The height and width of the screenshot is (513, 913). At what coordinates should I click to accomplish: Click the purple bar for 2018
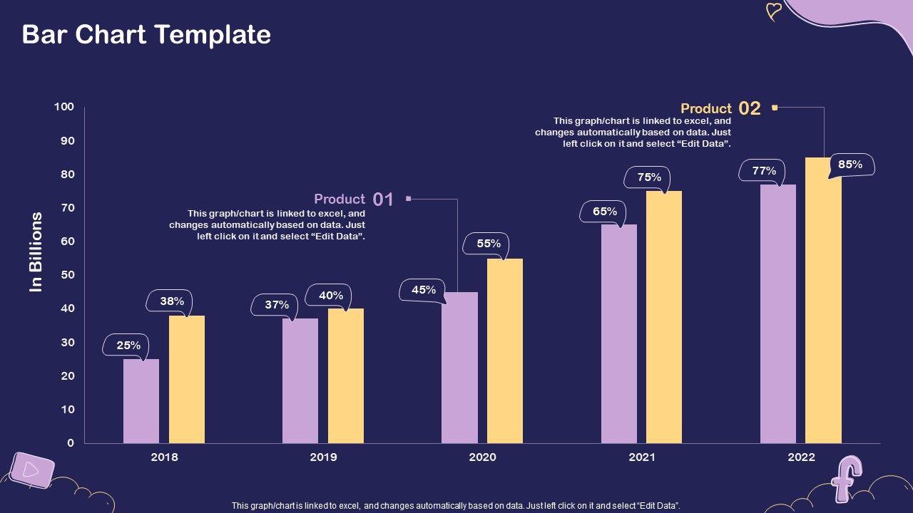(141, 401)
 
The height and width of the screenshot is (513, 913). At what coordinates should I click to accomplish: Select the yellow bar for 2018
(187, 379)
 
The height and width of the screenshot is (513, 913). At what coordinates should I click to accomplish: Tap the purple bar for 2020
(459, 368)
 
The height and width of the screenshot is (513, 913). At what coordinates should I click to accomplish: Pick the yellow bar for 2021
(664, 317)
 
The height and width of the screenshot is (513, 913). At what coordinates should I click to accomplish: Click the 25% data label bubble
(128, 346)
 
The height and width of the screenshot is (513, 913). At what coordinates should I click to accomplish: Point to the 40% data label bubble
(330, 295)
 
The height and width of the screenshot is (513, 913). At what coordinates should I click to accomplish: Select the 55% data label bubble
(488, 244)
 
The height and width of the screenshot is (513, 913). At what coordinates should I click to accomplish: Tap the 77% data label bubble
(763, 171)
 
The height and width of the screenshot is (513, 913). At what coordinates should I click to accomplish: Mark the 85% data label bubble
(850, 165)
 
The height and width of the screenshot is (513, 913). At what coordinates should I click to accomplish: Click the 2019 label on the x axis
(323, 457)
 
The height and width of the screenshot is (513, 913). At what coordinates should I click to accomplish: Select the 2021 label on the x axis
(642, 457)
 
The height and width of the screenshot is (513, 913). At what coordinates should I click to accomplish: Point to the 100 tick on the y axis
(64, 107)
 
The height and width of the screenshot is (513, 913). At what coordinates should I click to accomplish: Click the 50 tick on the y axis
(66, 275)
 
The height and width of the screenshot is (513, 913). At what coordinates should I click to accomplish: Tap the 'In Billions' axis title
(36, 252)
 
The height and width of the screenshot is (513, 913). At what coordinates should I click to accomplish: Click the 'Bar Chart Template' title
(146, 34)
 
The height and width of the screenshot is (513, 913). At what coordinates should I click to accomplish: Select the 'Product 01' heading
(340, 199)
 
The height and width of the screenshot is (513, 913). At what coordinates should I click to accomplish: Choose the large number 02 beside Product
(750, 108)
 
